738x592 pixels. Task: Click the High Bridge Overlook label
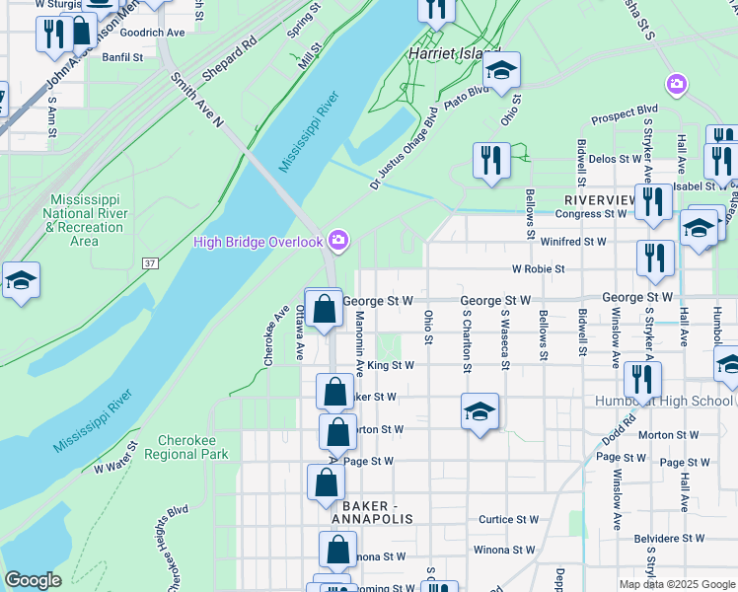pos(258,242)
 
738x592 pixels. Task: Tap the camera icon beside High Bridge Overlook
pos(338,240)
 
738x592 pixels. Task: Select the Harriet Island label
pos(455,53)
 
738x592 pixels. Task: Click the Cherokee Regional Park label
pos(186,447)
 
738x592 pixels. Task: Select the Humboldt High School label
pos(664,401)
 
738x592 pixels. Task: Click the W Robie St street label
pos(538,268)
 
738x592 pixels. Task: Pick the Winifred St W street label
pos(572,241)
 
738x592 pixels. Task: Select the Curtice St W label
pos(509,519)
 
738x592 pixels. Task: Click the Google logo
pos(33,580)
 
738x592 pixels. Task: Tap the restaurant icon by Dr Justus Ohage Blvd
pos(491,161)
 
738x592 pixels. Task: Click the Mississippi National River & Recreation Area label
pos(84,220)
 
